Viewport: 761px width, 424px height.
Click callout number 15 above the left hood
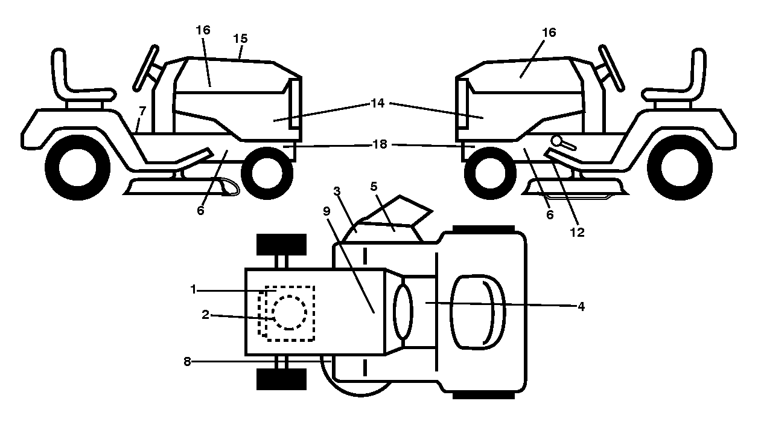(241, 39)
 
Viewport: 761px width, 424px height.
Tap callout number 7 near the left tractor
(142, 111)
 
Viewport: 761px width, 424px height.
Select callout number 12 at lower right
(577, 233)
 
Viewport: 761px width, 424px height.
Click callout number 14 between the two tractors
(378, 103)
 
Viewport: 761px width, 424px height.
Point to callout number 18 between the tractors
(380, 144)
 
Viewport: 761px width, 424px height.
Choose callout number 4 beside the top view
(581, 307)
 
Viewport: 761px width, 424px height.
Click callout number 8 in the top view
(187, 362)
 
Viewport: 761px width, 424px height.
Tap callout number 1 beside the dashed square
(193, 290)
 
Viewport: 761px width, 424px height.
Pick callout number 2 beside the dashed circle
(205, 315)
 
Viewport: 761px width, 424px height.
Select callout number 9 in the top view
(326, 211)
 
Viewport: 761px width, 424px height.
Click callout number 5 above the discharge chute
(374, 186)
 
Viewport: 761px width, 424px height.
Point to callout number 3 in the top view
(337, 191)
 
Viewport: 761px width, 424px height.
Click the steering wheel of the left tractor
(145, 68)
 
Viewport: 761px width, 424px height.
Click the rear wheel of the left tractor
(78, 168)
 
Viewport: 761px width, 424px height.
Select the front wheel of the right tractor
(490, 173)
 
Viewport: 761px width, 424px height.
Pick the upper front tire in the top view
(281, 245)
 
